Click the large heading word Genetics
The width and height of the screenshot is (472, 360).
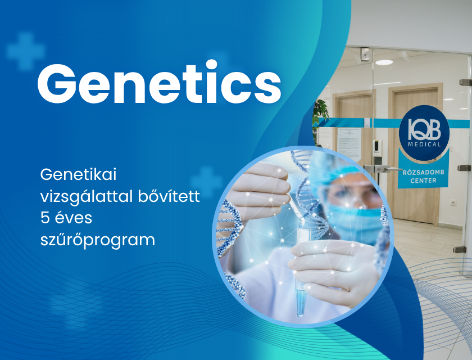coord(159,83)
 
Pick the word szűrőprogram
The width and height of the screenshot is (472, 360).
coord(97,240)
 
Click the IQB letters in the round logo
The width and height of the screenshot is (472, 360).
coord(424,129)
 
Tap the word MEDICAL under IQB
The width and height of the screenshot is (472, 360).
coord(424,145)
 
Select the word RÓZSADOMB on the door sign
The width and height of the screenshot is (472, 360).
coord(424,172)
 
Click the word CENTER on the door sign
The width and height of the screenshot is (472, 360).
coord(424,181)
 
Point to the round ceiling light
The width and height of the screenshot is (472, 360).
coord(384,62)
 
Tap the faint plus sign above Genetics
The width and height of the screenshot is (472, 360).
coord(26,51)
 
